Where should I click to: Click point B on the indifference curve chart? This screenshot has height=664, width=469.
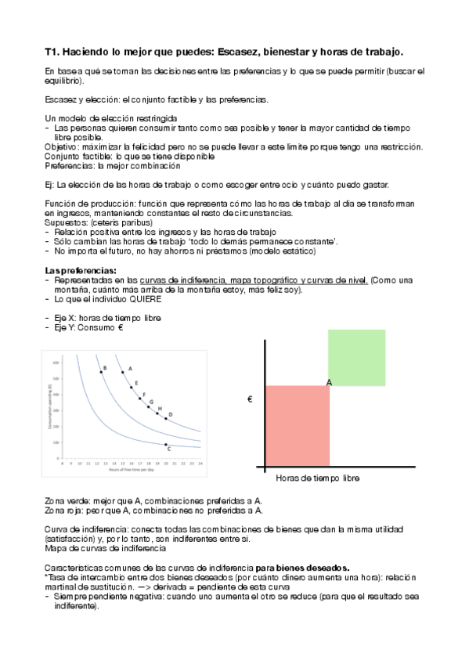pyautogui.click(x=100, y=372)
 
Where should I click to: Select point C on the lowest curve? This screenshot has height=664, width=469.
pyautogui.click(x=166, y=445)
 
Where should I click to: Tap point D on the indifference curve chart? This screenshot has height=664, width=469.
pyautogui.click(x=165, y=418)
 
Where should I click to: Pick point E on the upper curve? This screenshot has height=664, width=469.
pyautogui.click(x=131, y=387)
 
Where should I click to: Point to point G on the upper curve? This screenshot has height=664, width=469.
pyautogui.click(x=148, y=406)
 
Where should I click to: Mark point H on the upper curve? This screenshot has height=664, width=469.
pyautogui.click(x=157, y=413)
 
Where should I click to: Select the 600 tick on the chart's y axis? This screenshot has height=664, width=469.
pyautogui.click(x=56, y=363)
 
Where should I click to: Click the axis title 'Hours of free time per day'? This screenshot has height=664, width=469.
pyautogui.click(x=131, y=471)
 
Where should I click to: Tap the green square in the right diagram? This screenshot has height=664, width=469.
pyautogui.click(x=356, y=358)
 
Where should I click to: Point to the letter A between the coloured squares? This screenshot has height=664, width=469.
pyautogui.click(x=330, y=382)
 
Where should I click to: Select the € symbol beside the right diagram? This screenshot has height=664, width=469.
pyautogui.click(x=250, y=400)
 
